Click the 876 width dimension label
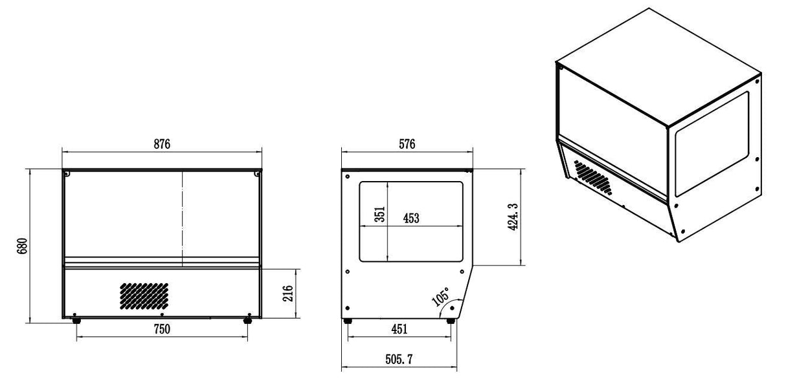pyautogui.click(x=161, y=144)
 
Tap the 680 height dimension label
pyautogui.click(x=21, y=246)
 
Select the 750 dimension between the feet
pyautogui.click(x=162, y=329)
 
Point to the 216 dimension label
pyautogui.click(x=289, y=294)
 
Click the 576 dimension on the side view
pyautogui.click(x=406, y=144)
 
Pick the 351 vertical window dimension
pyautogui.click(x=380, y=214)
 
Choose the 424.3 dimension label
pyautogui.click(x=513, y=217)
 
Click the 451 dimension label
pyautogui.click(x=399, y=329)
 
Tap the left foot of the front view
pyautogui.click(x=77, y=319)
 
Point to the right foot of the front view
pyautogui.click(x=247, y=319)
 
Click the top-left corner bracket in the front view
pyautogui.click(x=67, y=173)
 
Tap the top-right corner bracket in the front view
pyautogui.click(x=257, y=173)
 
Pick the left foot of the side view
pyautogui.click(x=348, y=320)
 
